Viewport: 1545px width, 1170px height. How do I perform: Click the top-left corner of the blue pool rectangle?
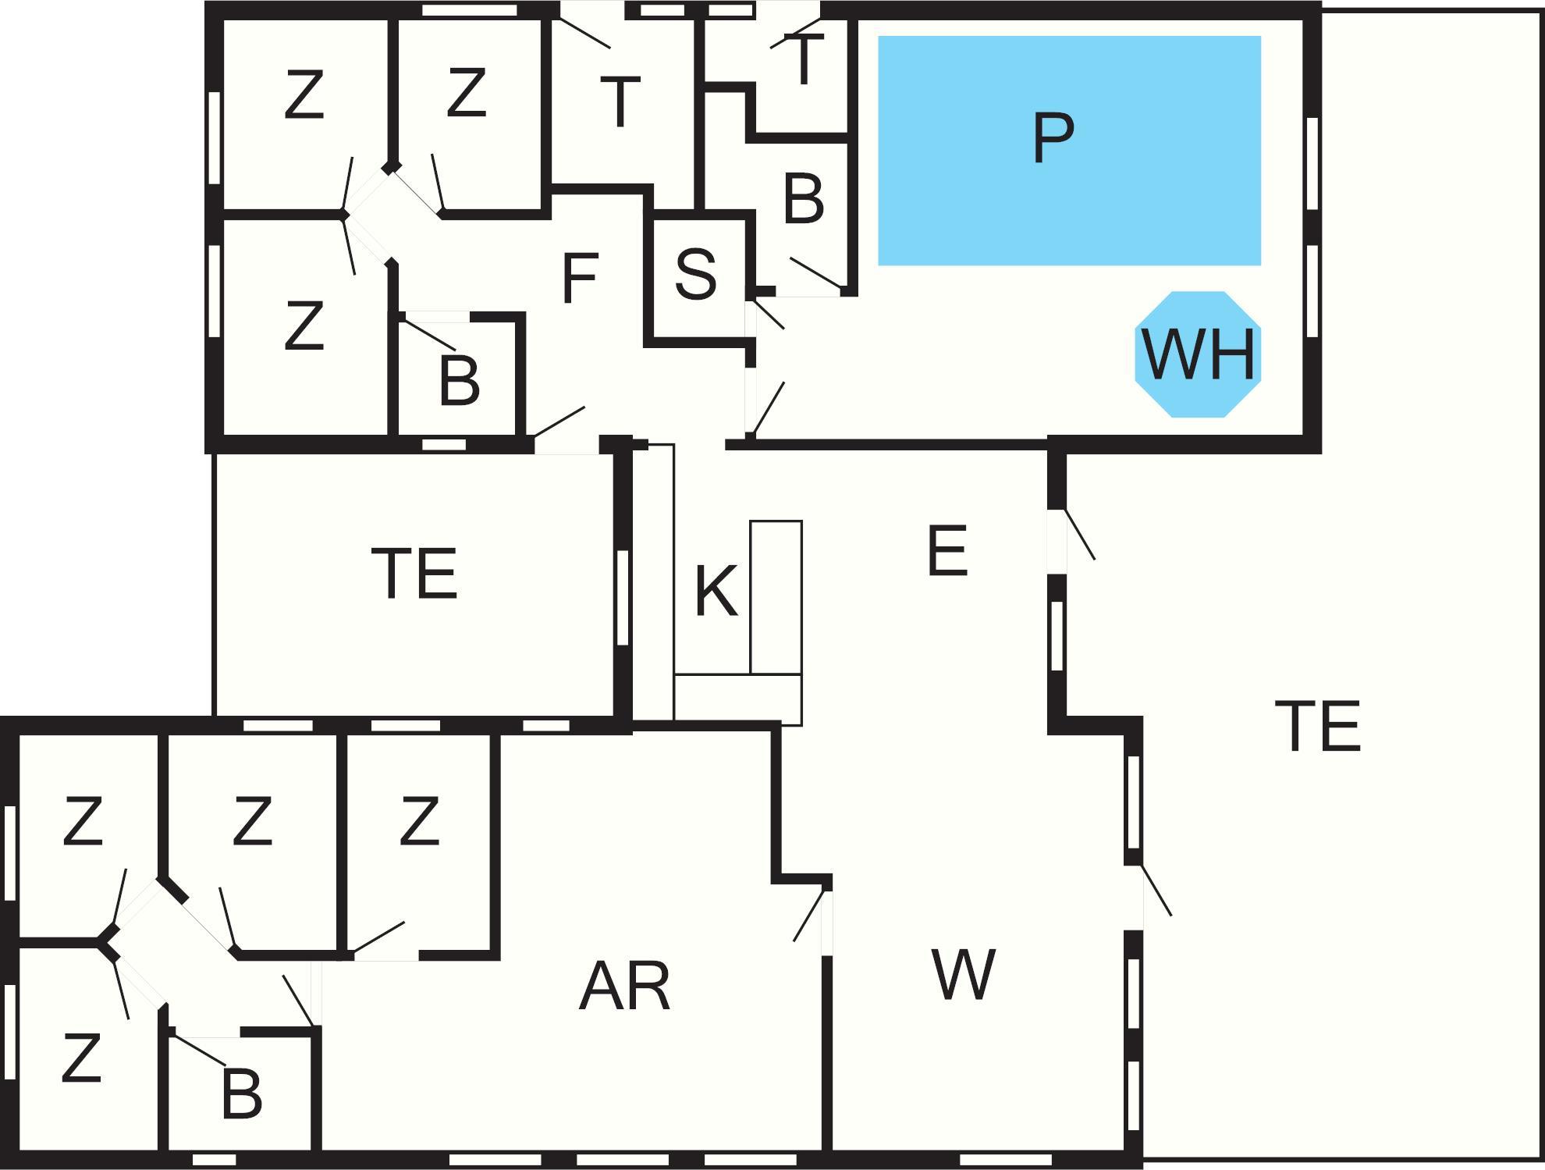tap(879, 36)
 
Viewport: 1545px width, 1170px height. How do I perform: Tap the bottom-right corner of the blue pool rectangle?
tap(1261, 265)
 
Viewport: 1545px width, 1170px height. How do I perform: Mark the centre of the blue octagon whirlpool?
tap(1198, 354)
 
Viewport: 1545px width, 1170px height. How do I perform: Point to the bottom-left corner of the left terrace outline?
tap(214, 716)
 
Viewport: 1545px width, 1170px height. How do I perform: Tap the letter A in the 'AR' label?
tap(603, 987)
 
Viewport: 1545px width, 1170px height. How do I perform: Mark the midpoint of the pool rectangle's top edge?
tap(1070, 36)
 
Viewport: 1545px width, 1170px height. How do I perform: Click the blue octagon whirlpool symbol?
tap(1198, 354)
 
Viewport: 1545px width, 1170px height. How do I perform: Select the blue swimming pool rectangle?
tap(1070, 151)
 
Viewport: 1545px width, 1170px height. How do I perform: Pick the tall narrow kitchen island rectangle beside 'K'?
tap(776, 597)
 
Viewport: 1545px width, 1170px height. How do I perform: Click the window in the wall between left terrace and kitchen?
tap(622, 597)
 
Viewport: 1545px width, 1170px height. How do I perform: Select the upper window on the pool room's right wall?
tap(1312, 163)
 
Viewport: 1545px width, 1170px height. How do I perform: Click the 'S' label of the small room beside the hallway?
tap(695, 274)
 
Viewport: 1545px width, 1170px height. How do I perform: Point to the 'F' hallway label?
tap(580, 279)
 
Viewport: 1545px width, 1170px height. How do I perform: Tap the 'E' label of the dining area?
tap(948, 551)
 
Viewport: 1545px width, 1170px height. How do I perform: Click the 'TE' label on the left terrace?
tap(414, 574)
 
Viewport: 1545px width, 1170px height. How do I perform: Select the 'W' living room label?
tap(964, 974)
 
